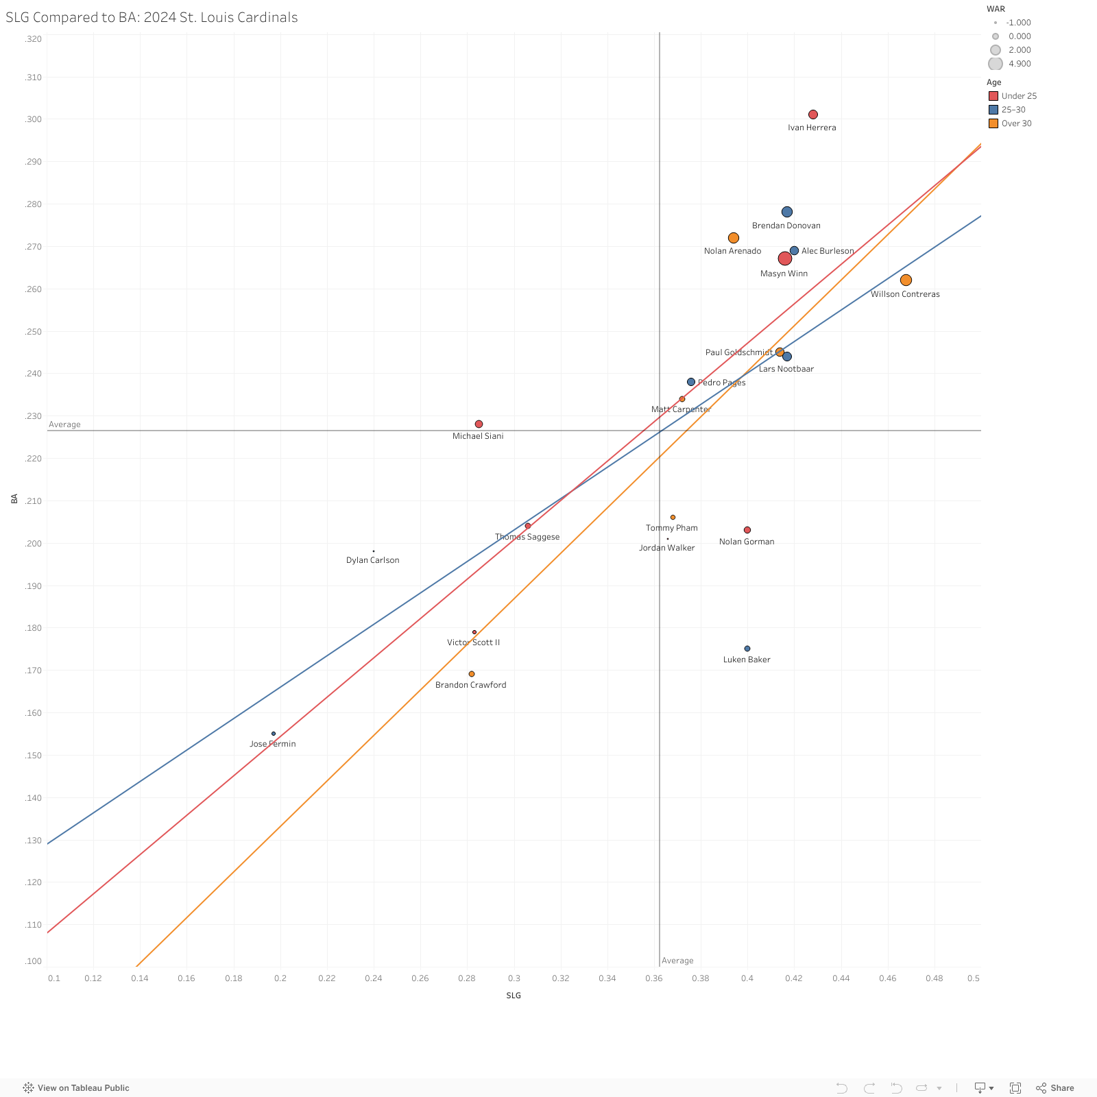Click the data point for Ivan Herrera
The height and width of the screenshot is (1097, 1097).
tap(813, 114)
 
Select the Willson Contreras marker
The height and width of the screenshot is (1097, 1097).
tap(906, 280)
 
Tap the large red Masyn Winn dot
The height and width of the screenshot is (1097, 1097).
tap(785, 258)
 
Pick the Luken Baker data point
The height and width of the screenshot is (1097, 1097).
tap(747, 649)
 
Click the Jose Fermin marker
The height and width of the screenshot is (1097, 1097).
tap(274, 734)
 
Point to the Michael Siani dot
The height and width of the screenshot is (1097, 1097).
tap(479, 424)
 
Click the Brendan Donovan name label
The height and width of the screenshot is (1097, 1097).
tap(786, 226)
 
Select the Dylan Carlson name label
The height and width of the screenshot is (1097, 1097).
tap(372, 560)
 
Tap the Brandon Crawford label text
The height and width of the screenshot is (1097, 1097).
tap(470, 685)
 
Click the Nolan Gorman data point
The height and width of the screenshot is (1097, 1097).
tap(747, 530)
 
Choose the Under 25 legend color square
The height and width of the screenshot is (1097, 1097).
tap(993, 96)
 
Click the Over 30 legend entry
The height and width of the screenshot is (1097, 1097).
tap(1016, 123)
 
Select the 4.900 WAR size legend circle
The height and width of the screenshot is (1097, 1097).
tap(996, 64)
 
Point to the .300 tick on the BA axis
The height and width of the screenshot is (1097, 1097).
tap(33, 119)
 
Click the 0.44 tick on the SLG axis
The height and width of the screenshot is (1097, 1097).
tap(841, 978)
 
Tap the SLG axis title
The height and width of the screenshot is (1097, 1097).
tap(514, 996)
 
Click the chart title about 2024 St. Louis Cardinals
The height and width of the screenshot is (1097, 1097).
tap(152, 17)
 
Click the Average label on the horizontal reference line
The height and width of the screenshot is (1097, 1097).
tap(64, 424)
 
